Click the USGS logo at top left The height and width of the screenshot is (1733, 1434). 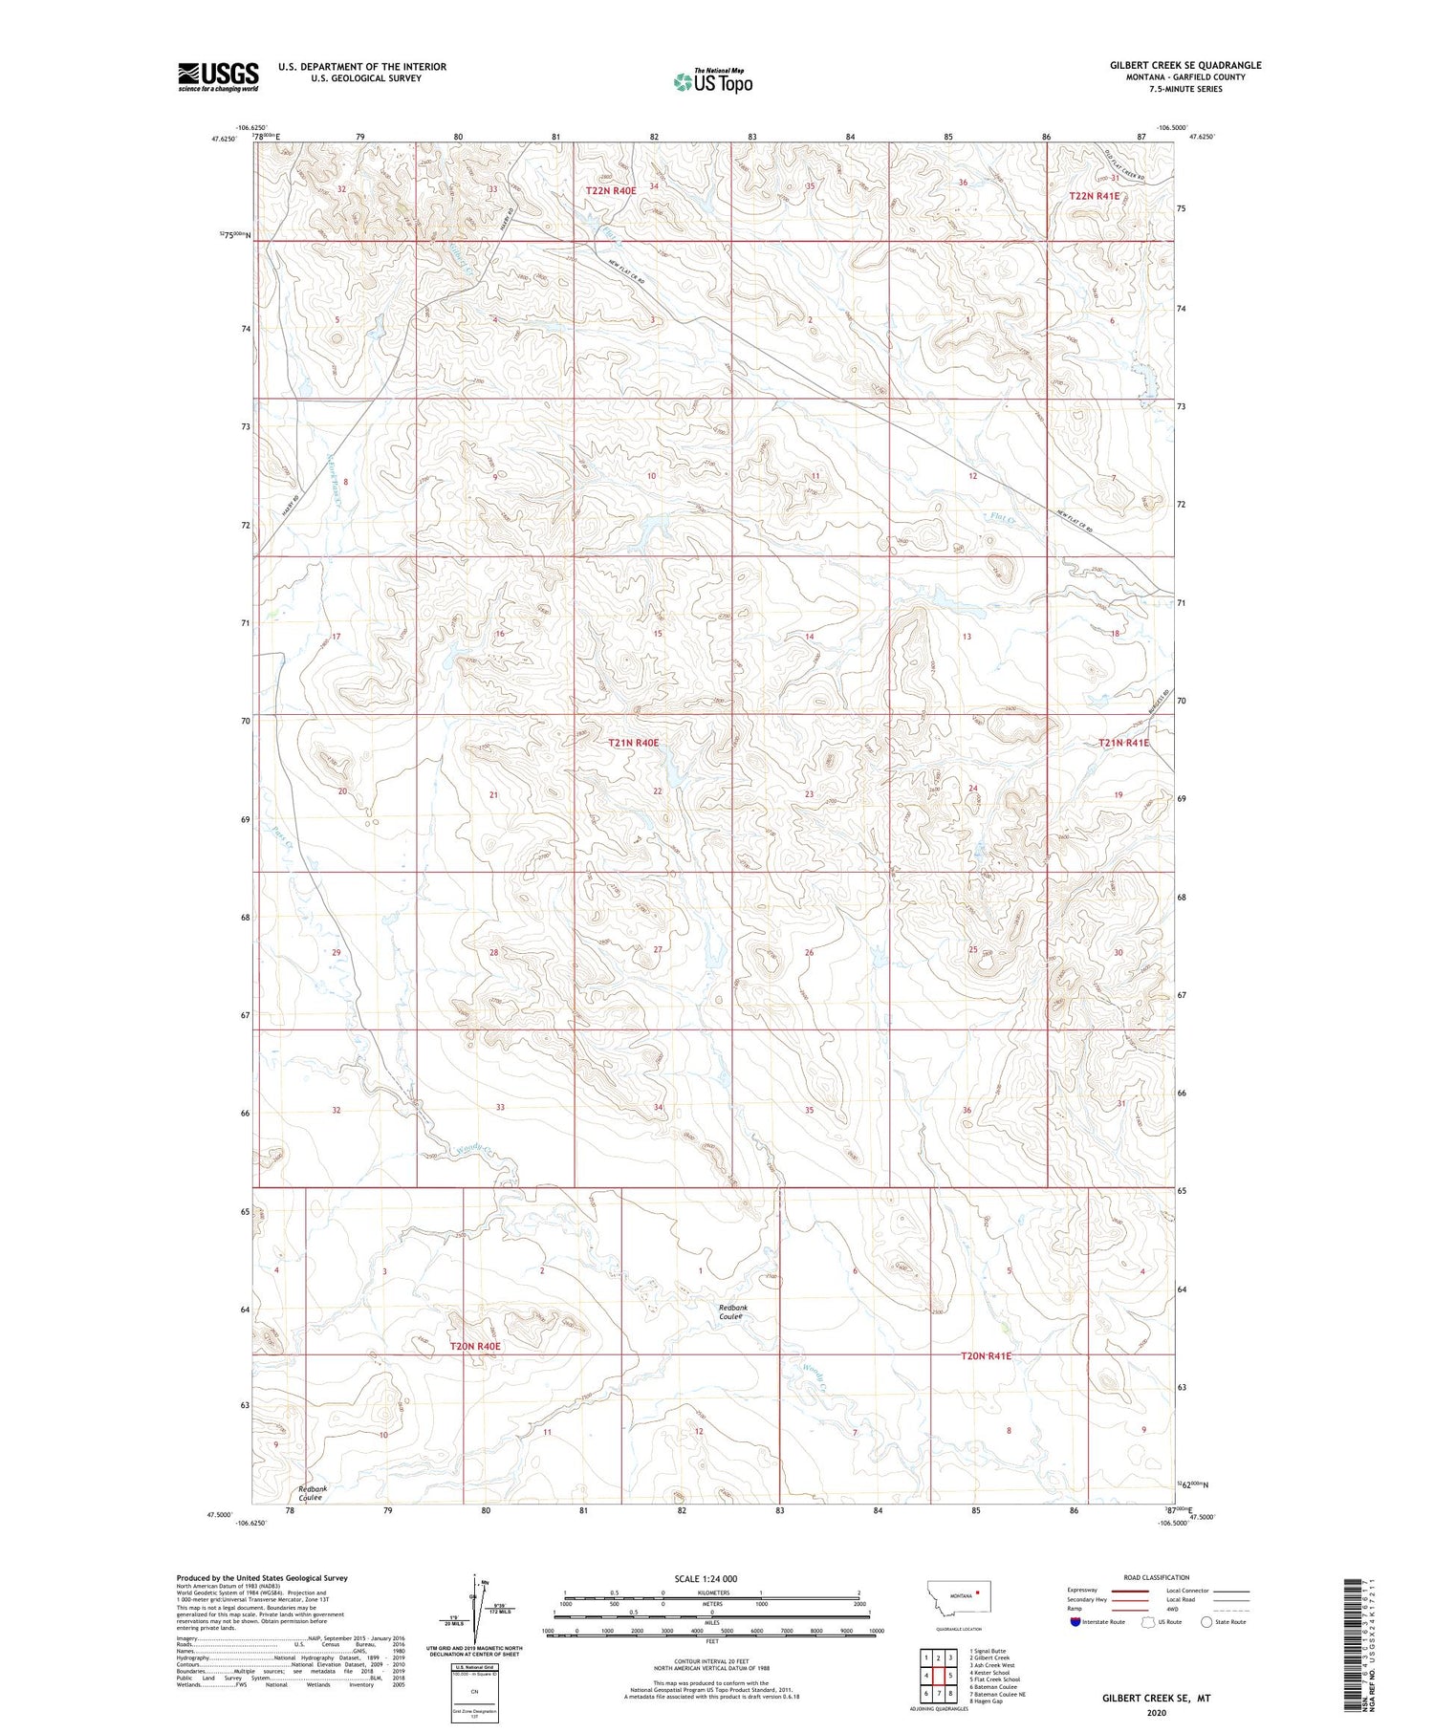tap(218, 76)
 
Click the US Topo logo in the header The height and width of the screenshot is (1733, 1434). tap(712, 82)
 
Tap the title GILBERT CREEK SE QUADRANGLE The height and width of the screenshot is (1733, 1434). tap(1185, 65)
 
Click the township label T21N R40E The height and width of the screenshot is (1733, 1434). tap(634, 742)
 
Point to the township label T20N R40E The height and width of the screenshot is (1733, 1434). tap(475, 1346)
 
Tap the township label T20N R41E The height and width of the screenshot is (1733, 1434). tap(986, 1355)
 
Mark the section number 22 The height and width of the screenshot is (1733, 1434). tap(658, 791)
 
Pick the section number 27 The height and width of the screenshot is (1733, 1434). tap(658, 949)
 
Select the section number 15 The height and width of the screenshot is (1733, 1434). tap(658, 634)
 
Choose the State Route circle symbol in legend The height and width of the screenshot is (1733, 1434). tap(1206, 1621)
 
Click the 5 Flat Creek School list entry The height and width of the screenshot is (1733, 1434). tap(994, 1679)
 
